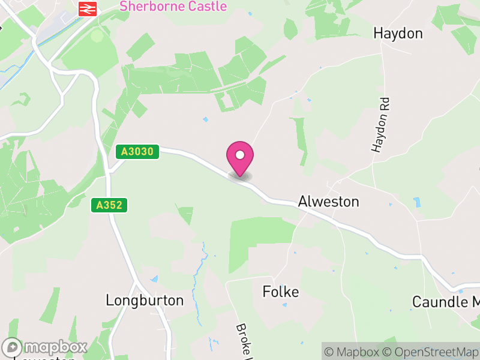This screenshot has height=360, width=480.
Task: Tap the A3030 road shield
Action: tap(137, 152)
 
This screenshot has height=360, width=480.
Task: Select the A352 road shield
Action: tap(110, 205)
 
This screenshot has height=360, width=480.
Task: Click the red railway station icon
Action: tap(88, 8)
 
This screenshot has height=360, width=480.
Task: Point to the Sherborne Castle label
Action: tap(173, 7)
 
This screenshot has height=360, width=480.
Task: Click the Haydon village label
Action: tap(398, 33)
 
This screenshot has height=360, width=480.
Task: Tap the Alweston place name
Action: tap(328, 202)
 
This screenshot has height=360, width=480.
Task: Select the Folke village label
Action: tap(281, 292)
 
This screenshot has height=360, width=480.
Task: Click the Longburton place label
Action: tap(145, 300)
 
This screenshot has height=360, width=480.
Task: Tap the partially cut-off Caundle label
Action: tap(446, 301)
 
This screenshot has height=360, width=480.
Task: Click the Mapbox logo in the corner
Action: tap(45, 347)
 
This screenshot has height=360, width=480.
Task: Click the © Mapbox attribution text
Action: tap(352, 352)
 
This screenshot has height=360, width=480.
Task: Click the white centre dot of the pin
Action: tap(240, 155)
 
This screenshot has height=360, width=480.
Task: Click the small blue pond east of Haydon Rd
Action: tap(416, 200)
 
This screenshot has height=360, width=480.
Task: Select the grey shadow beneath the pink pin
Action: tap(240, 176)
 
